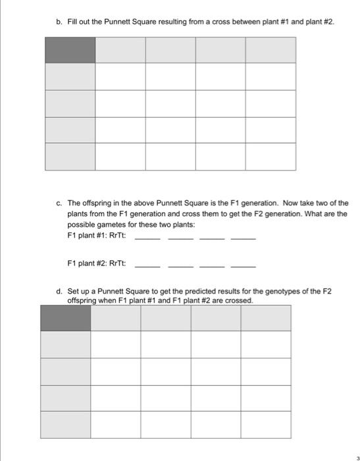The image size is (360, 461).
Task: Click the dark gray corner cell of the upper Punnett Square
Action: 70,49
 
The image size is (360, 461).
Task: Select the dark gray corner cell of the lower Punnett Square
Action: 65,317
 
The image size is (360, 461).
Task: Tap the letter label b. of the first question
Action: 59,22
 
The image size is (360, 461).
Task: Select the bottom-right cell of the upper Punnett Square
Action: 270,156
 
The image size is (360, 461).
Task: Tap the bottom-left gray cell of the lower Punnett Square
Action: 65,424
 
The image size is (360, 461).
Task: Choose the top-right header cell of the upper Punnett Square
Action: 270,49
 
